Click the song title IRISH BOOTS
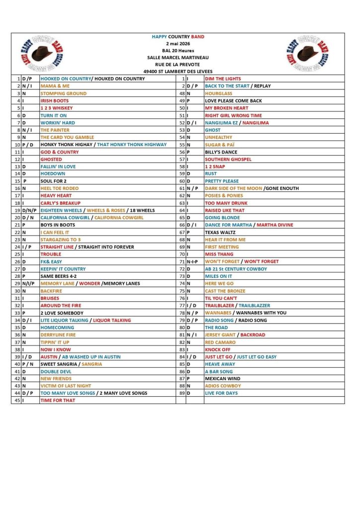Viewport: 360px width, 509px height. pos(54,100)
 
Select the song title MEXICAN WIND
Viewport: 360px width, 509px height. pos(222,378)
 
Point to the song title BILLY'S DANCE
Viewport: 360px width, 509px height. pos(221,152)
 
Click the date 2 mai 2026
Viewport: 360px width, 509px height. pos(178,44)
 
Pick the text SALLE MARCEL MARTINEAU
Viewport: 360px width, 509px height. pos(178,57)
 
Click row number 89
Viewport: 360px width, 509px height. pos(182,393)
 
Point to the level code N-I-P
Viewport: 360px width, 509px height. pos(192,261)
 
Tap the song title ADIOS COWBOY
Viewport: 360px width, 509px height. pos(223,386)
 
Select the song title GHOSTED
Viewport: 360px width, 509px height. pos(51,159)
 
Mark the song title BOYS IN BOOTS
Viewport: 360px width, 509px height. pos(58,225)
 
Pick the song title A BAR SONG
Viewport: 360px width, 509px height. pos(219,371)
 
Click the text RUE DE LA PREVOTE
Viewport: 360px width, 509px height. pos(178,64)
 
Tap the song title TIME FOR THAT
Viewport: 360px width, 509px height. pos(58,400)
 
